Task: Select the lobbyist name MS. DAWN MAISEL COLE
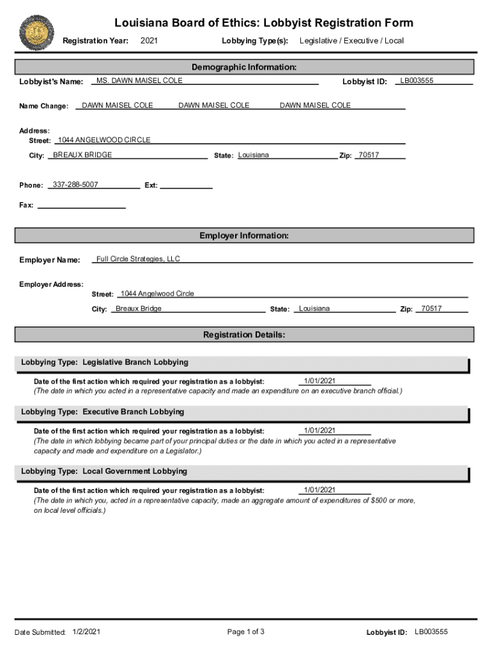(x=139, y=80)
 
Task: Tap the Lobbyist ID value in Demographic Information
(x=417, y=80)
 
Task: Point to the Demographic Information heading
(x=244, y=67)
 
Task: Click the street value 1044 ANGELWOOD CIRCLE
(x=104, y=140)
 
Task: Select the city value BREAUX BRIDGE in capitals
(x=82, y=155)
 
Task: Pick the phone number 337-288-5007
(x=75, y=185)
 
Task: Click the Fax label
(x=26, y=205)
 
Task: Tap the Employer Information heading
(x=244, y=236)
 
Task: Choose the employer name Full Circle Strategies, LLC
(x=138, y=259)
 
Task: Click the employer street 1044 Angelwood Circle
(x=157, y=294)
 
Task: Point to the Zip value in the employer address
(x=431, y=308)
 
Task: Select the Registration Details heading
(x=244, y=335)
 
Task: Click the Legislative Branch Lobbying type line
(x=105, y=362)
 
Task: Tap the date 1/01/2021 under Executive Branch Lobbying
(x=319, y=430)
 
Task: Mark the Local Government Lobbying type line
(x=104, y=471)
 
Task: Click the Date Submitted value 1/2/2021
(x=86, y=632)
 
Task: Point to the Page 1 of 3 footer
(x=245, y=632)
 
